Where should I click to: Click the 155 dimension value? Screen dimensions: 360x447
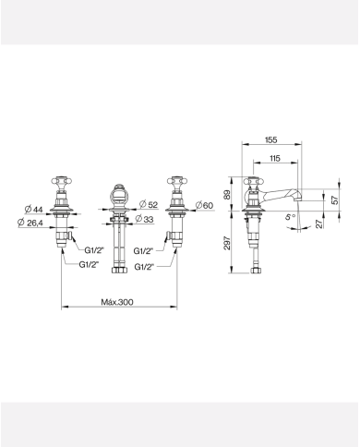[271, 139]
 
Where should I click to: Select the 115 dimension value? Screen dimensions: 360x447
[275, 158]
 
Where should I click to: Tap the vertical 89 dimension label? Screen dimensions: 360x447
[227, 195]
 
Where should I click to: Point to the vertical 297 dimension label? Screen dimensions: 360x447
[227, 243]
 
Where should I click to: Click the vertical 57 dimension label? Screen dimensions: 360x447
[335, 199]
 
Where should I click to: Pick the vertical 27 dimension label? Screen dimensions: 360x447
[319, 223]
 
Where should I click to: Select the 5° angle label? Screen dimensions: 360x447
[290, 217]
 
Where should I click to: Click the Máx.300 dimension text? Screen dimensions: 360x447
[117, 302]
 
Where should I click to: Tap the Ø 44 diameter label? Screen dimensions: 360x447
[33, 210]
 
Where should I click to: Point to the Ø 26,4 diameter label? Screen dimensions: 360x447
[30, 223]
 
